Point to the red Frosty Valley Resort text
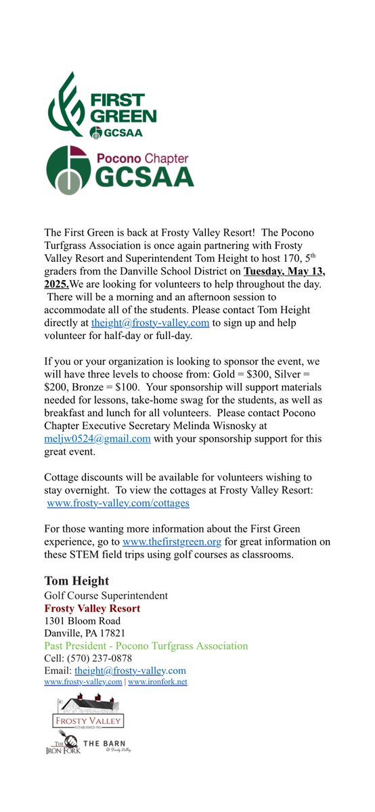point(92,608)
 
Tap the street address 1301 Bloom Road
point(83,621)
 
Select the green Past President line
point(146,646)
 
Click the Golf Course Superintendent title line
point(106,595)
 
